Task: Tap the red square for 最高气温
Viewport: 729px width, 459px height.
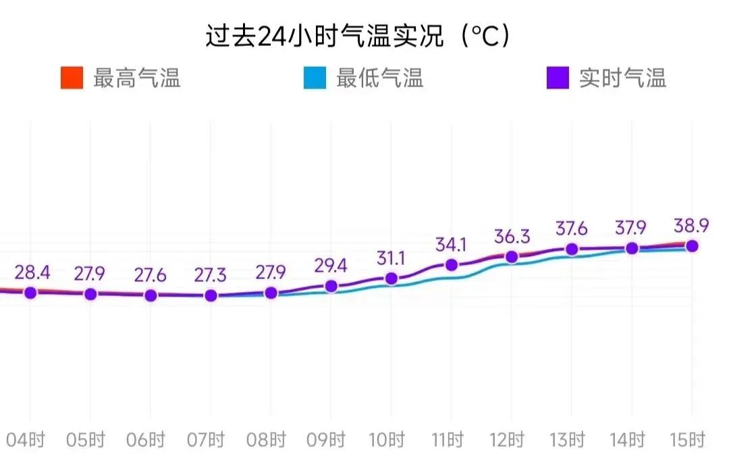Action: (72, 78)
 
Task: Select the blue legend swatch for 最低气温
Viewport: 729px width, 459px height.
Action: (315, 78)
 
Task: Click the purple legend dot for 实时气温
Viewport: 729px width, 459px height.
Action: (558, 78)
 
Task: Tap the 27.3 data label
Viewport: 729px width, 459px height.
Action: (211, 276)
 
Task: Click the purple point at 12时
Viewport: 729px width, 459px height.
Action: (512, 257)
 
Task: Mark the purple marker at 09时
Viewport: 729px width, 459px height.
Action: (331, 286)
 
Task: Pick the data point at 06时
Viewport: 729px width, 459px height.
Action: (151, 295)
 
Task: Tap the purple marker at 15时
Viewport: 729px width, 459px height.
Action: (692, 246)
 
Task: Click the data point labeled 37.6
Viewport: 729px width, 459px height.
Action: (572, 249)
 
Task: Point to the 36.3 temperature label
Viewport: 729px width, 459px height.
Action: (512, 237)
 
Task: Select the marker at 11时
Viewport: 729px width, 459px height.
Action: (452, 265)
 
